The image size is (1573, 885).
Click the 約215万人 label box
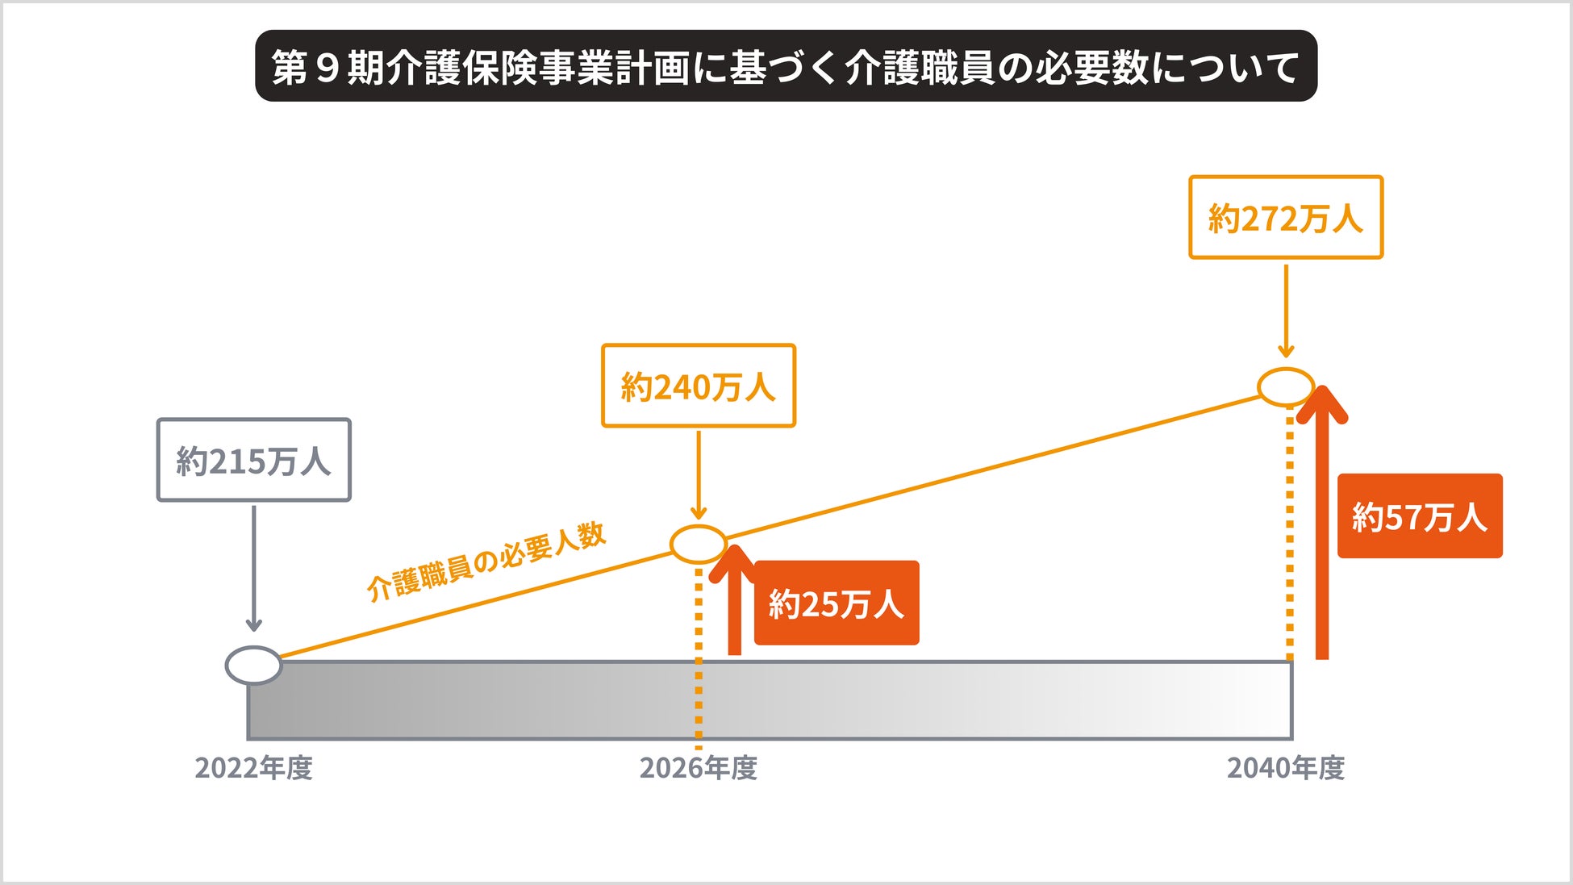click(x=253, y=460)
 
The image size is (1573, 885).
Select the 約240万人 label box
click(x=698, y=386)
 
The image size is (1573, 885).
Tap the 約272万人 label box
click(x=1286, y=218)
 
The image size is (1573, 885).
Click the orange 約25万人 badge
click(x=837, y=603)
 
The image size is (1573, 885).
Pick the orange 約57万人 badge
click(x=1420, y=516)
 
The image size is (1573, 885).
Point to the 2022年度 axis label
click(x=253, y=768)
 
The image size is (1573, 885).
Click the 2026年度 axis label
click(x=698, y=768)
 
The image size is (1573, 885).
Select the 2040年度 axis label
click(x=1286, y=768)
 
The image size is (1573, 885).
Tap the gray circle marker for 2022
click(x=253, y=666)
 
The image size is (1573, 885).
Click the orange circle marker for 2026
click(x=698, y=545)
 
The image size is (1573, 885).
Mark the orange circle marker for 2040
click(x=1286, y=387)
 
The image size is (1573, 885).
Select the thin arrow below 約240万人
click(x=699, y=474)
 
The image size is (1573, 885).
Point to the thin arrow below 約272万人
click(x=1286, y=311)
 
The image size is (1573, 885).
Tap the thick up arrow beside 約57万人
click(x=1321, y=524)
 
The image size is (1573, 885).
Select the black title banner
click(x=786, y=66)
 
